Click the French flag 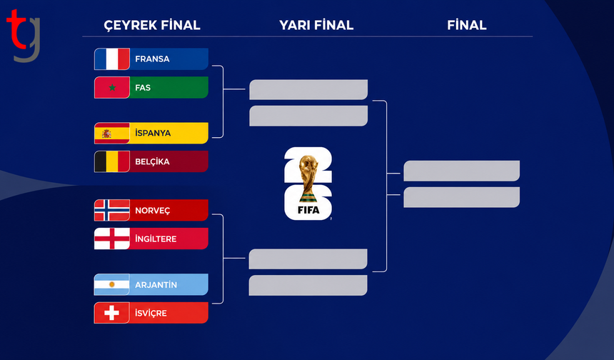112,59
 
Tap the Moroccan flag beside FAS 112,87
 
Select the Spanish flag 112,133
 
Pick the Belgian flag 112,161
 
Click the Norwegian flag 112,211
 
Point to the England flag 112,239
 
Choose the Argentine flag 112,284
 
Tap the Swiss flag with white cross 112,313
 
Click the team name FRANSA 152,59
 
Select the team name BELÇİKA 152,161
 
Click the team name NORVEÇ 153,211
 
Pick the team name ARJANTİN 156,285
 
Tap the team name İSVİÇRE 151,313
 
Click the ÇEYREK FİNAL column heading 152,26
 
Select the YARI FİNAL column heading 316,25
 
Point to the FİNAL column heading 467,25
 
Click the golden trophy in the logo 309,179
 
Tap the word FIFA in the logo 308,211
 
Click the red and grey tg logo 24,35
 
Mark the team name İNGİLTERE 156,239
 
